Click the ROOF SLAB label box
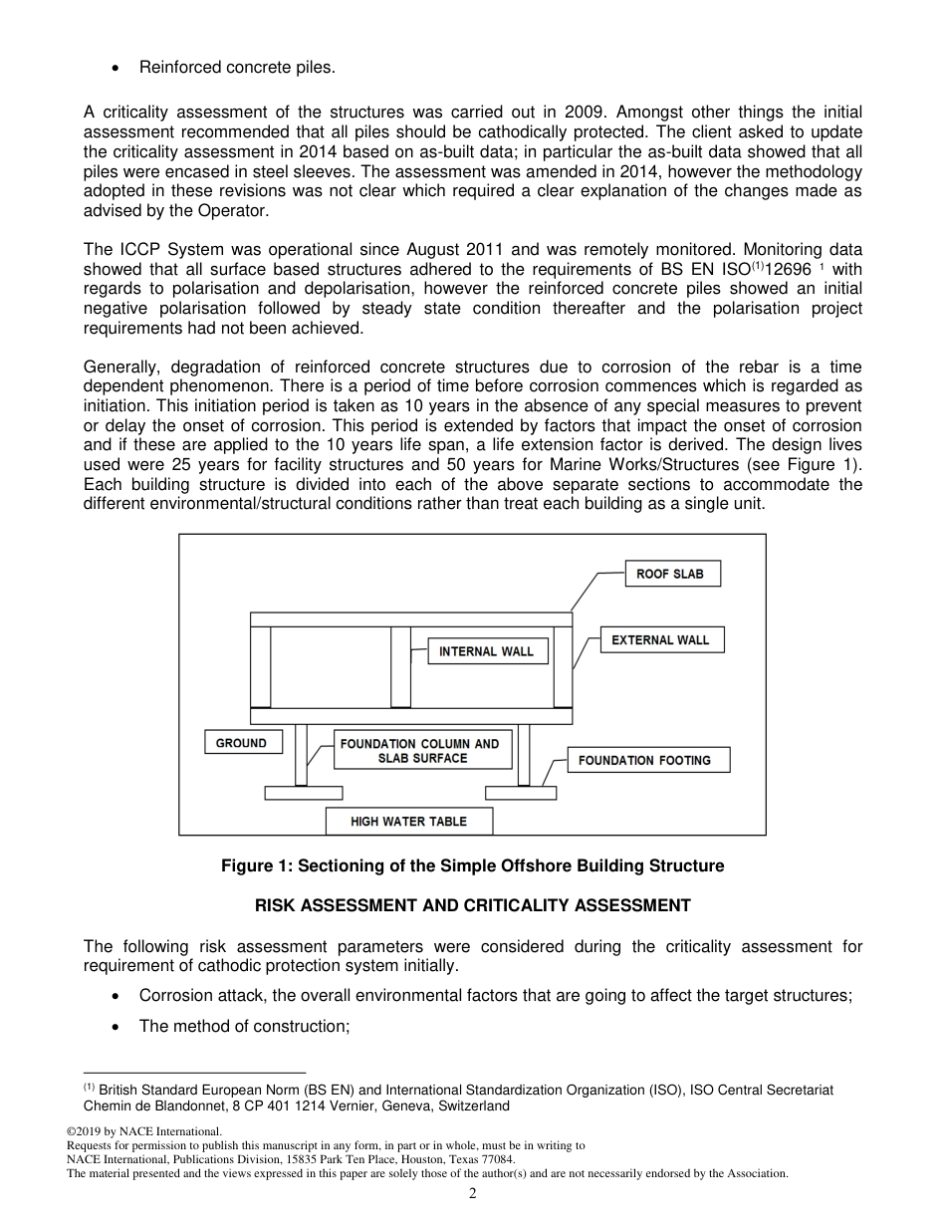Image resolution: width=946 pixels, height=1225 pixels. (x=671, y=574)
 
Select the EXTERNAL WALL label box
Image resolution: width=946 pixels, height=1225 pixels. (x=660, y=639)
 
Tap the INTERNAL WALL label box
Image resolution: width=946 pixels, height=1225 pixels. (x=487, y=651)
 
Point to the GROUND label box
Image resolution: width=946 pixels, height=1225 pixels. (x=242, y=743)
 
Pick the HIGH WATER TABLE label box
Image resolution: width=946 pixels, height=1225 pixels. (x=408, y=822)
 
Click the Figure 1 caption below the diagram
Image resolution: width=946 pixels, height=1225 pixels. (x=472, y=865)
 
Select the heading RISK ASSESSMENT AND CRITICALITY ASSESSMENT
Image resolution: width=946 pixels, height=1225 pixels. (x=472, y=905)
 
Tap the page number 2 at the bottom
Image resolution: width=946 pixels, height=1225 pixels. (x=473, y=1194)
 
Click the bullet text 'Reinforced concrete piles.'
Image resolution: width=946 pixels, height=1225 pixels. (x=237, y=67)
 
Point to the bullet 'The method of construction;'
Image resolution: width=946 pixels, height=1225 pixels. (x=244, y=1026)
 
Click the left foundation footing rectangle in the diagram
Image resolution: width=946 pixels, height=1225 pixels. (x=303, y=793)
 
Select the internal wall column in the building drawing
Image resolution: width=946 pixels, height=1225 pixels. (x=400, y=666)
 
